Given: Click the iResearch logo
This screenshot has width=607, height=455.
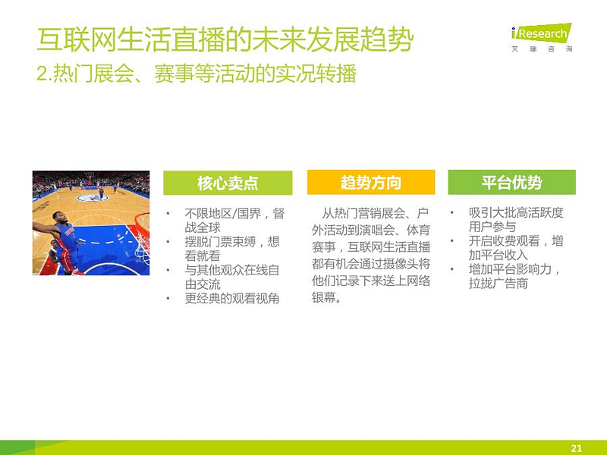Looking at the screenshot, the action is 542,37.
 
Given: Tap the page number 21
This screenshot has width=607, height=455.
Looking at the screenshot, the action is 577,448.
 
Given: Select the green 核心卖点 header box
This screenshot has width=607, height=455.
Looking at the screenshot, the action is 228,183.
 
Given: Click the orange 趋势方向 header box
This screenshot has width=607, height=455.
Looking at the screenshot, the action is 371,182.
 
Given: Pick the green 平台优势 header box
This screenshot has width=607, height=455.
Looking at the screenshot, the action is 511,182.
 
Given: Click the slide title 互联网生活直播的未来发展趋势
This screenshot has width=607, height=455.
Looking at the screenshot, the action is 225,39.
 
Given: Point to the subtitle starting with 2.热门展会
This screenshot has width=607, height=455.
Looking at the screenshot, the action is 197,74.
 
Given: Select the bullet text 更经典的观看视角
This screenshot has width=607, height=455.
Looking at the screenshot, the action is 232,298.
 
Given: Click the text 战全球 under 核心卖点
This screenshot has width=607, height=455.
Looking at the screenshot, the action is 203,227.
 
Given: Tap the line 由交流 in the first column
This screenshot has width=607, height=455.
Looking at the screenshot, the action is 203,284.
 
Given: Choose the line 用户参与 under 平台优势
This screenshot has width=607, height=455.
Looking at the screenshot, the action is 492,227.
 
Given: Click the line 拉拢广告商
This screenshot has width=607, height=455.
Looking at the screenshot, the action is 498,284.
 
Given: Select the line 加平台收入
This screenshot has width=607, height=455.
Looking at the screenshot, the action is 498,255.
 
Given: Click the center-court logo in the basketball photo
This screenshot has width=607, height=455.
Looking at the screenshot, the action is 92,198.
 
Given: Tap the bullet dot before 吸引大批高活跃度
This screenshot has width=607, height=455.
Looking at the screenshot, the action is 451,212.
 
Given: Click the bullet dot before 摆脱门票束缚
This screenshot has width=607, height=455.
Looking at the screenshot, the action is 168,242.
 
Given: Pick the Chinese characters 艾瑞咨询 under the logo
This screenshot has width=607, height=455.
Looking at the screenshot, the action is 542,49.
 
